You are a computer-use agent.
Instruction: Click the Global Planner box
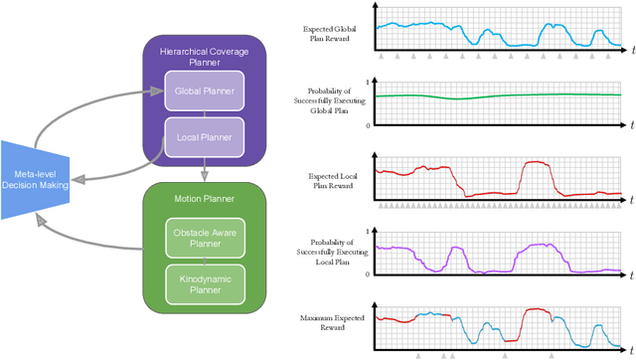pos(204,90)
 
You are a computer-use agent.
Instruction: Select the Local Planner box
pos(204,137)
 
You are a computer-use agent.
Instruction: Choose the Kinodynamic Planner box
pos(204,283)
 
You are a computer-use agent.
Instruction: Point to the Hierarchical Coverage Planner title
pos(205,55)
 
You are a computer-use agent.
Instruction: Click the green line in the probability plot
pos(497,96)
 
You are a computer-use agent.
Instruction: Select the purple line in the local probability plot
pos(537,245)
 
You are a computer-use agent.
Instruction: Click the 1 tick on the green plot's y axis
pos(369,82)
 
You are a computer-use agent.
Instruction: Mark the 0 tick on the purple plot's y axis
pos(369,273)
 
